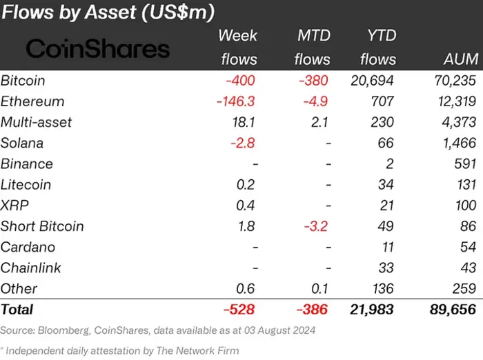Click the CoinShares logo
pos(97,48)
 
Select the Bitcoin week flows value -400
pos(239,81)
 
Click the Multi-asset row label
pos(37,122)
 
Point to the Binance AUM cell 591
pos(465,164)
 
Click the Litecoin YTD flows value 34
pos(386,185)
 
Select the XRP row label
pos(14,206)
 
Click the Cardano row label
pos(28,247)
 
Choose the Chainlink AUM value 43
pos(468,268)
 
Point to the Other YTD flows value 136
pos(382,288)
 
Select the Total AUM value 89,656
pos(452,310)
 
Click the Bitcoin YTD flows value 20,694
pos(373,81)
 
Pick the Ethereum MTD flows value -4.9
pos(315,101)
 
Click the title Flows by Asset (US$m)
pos(107,12)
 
